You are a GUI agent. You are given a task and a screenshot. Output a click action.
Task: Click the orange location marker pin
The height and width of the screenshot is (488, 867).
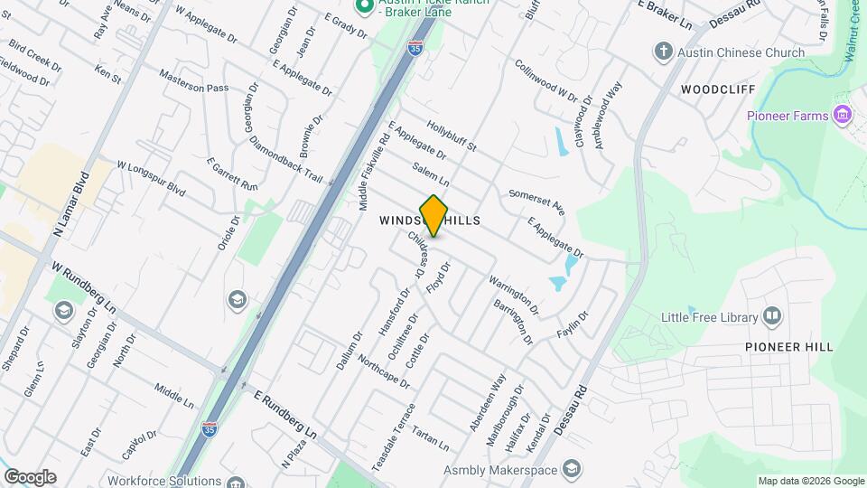click(x=434, y=215)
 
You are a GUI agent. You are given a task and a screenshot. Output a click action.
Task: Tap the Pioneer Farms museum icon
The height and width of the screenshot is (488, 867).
click(x=843, y=115)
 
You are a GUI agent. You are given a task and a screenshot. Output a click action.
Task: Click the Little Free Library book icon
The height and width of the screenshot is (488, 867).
click(x=772, y=316)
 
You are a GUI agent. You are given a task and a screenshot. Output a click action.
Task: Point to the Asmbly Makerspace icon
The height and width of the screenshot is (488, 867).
click(x=571, y=469)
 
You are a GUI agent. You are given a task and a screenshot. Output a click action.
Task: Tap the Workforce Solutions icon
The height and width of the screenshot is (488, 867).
click(x=236, y=482)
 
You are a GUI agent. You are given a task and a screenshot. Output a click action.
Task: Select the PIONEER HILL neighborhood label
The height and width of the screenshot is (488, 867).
click(x=788, y=347)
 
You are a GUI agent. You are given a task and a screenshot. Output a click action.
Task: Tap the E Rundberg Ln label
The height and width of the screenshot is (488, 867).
click(x=286, y=417)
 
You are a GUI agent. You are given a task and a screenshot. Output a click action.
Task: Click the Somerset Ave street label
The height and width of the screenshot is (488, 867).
click(x=536, y=202)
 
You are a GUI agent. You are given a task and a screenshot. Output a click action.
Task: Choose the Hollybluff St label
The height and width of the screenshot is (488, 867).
click(x=452, y=136)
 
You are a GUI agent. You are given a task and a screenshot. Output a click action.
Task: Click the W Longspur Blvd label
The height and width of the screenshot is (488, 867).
click(x=151, y=179)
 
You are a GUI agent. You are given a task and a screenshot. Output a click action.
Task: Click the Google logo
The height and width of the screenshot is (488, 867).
click(x=30, y=477)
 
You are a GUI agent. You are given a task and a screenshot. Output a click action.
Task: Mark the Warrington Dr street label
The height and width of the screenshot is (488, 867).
click(x=514, y=296)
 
